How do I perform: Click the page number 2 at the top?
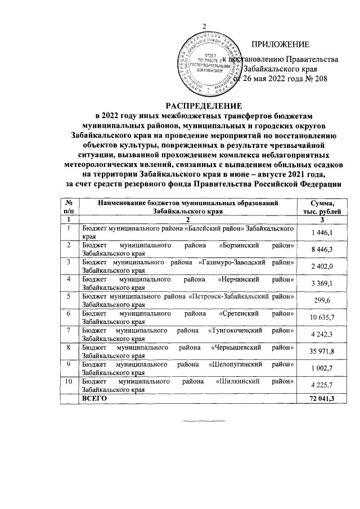click(x=205, y=27)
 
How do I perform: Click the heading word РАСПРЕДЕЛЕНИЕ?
click(x=204, y=106)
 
